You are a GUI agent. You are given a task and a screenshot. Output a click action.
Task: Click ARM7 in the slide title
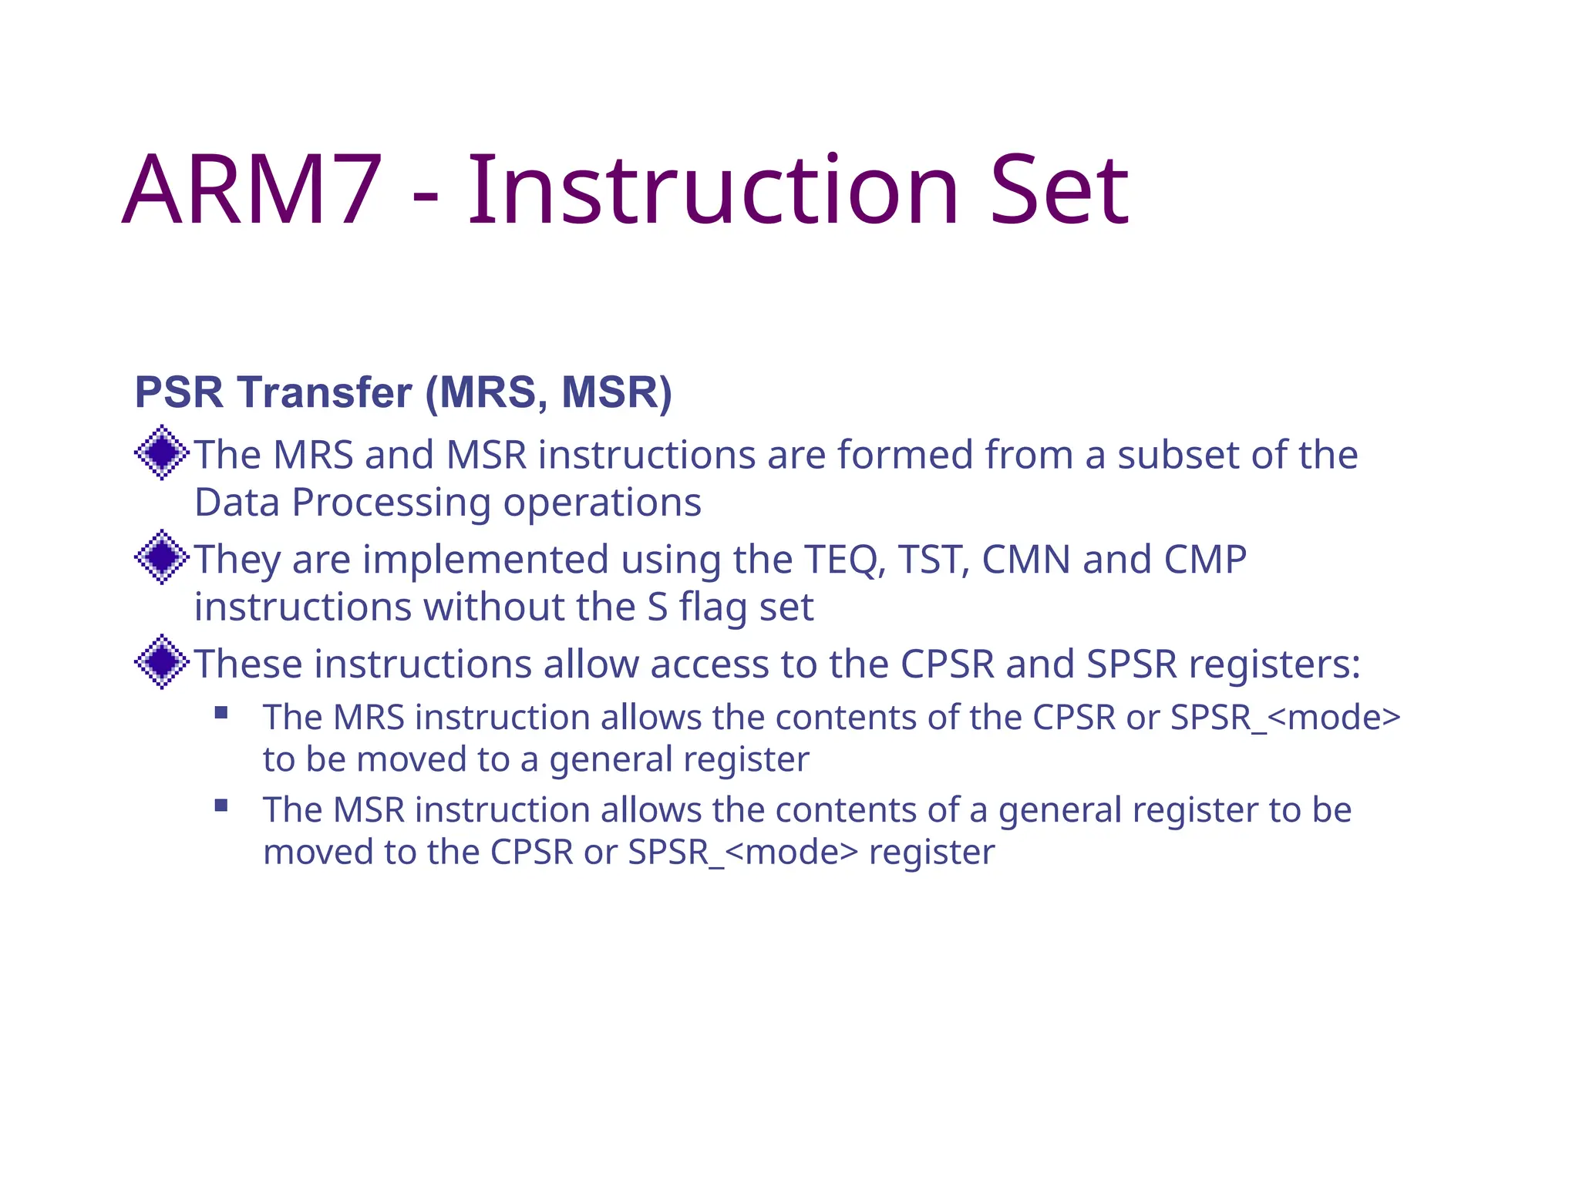pyautogui.click(x=252, y=190)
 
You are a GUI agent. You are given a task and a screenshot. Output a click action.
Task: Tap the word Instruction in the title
pyautogui.click(x=713, y=190)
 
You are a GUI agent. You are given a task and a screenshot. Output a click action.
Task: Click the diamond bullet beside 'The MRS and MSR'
pyautogui.click(x=162, y=452)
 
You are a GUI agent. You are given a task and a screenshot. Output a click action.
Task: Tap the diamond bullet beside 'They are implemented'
pyautogui.click(x=162, y=557)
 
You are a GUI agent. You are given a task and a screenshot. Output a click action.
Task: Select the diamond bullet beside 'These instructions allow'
pyautogui.click(x=162, y=662)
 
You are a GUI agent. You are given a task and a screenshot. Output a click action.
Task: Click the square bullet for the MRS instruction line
pyautogui.click(x=221, y=713)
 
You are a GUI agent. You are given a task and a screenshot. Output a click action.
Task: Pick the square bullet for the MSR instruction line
pyautogui.click(x=221, y=806)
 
